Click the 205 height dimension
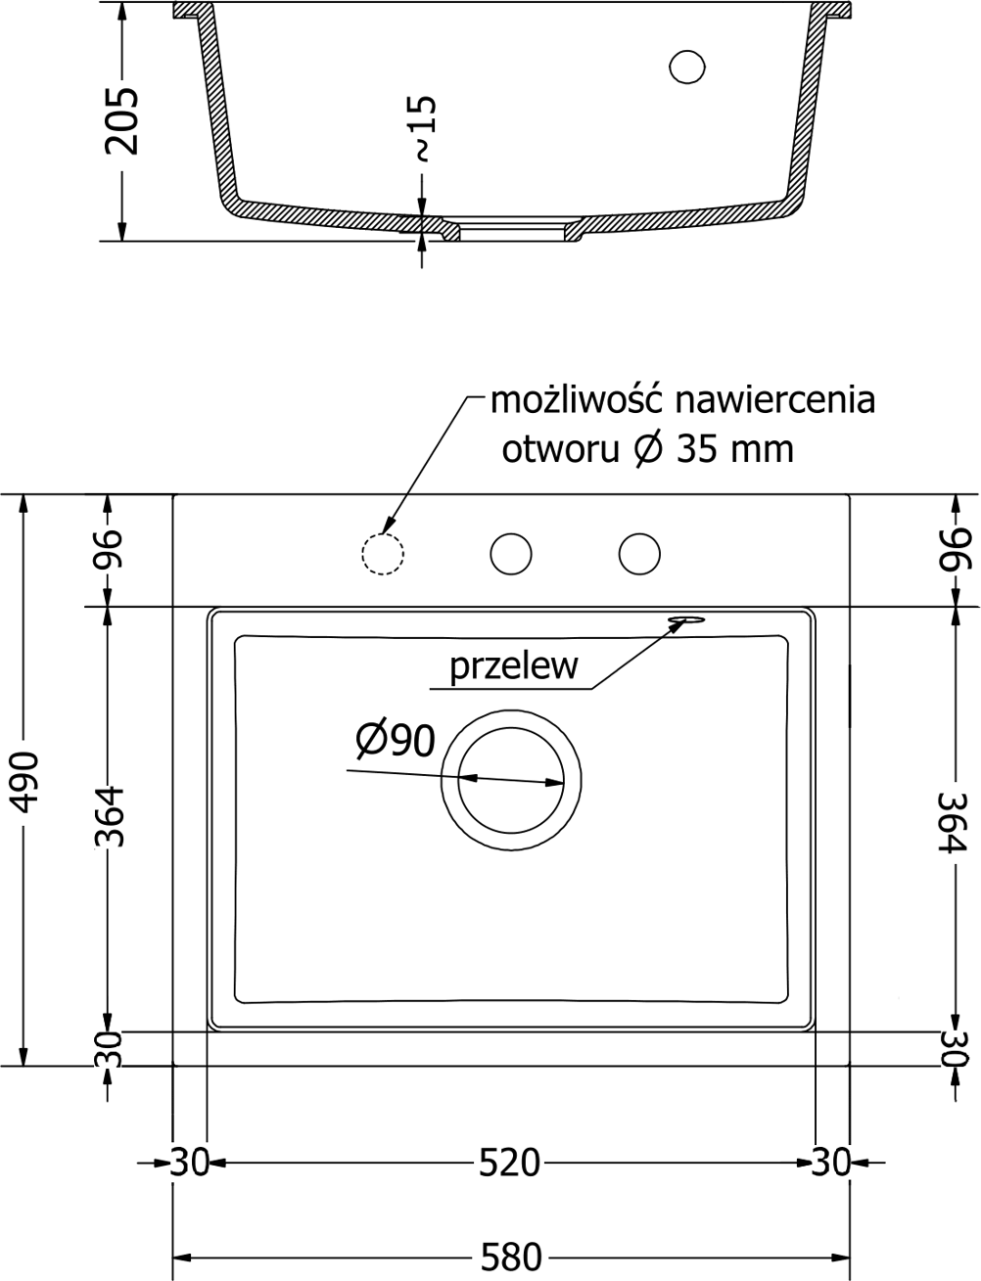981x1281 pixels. click(122, 120)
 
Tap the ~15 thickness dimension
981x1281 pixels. click(425, 128)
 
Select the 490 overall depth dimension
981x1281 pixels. click(24, 781)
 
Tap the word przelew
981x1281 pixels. click(513, 666)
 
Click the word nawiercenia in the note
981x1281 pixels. click(774, 401)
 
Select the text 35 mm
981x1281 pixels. click(735, 450)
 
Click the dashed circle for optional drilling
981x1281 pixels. click(383, 554)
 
